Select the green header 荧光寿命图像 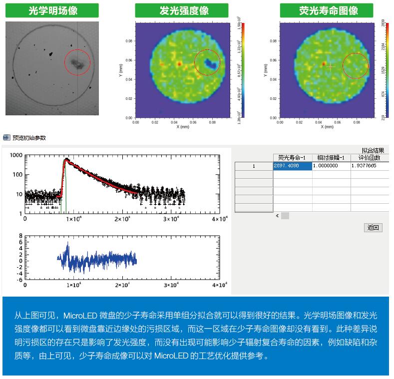pos(326,10)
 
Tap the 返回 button pos(373,228)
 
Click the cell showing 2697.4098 pos(293,166)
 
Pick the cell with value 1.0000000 pos(331,166)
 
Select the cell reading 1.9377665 pos(370,166)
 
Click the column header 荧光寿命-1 pos(293,157)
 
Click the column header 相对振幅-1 pos(331,157)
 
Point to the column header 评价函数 pos(370,157)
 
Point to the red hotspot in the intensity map pos(179,63)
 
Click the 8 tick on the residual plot pos(20,236)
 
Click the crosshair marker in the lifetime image pos(330,65)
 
